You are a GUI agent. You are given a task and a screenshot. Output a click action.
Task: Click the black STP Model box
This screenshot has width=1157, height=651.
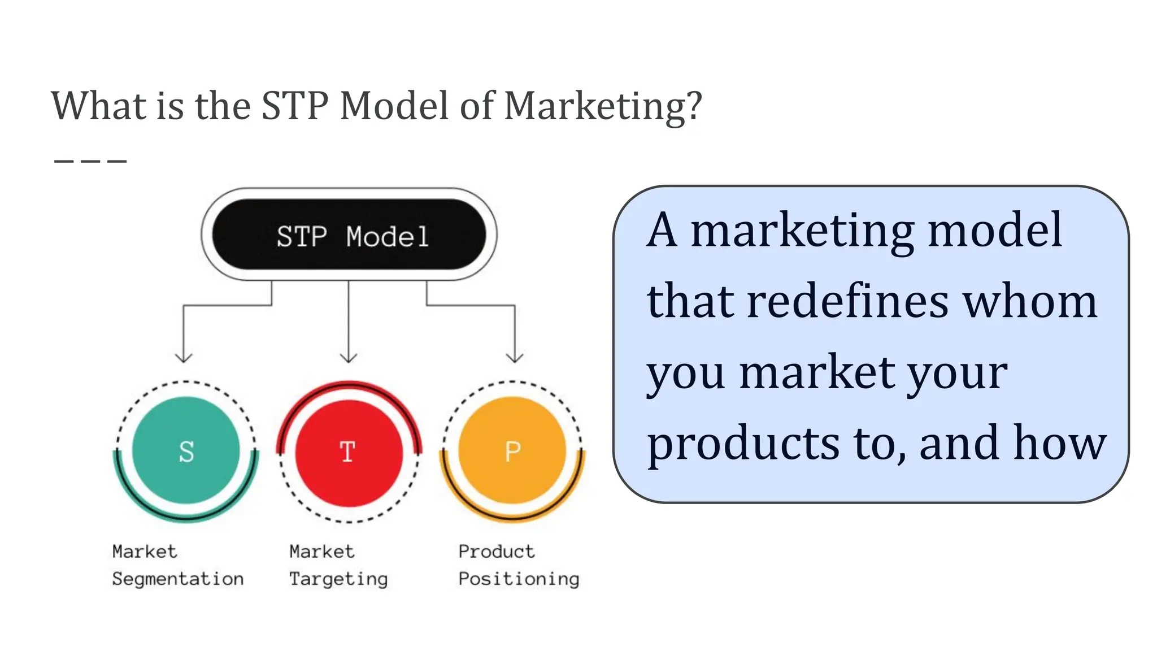349,235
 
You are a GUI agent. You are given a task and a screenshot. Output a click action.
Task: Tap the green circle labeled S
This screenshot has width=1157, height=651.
186,450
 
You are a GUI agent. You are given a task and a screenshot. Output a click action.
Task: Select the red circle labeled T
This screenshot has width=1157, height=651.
349,453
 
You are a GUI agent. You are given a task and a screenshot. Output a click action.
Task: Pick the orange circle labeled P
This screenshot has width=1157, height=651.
512,450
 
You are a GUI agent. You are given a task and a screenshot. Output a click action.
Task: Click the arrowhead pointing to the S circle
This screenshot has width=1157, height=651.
184,357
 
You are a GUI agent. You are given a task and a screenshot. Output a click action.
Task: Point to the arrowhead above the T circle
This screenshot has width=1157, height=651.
349,357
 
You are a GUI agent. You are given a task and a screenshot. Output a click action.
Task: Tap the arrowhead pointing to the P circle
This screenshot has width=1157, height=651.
515,357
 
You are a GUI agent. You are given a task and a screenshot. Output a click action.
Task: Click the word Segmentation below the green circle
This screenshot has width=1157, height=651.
178,579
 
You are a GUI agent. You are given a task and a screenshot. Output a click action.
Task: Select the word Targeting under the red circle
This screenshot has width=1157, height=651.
338,579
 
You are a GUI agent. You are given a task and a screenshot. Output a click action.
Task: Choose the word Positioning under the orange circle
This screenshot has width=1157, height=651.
519,579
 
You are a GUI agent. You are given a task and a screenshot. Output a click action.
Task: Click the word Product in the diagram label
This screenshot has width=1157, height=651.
496,551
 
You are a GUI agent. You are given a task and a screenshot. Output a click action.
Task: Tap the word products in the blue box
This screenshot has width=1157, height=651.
743,444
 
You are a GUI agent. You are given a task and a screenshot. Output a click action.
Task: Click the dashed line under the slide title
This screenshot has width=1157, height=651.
90,161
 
